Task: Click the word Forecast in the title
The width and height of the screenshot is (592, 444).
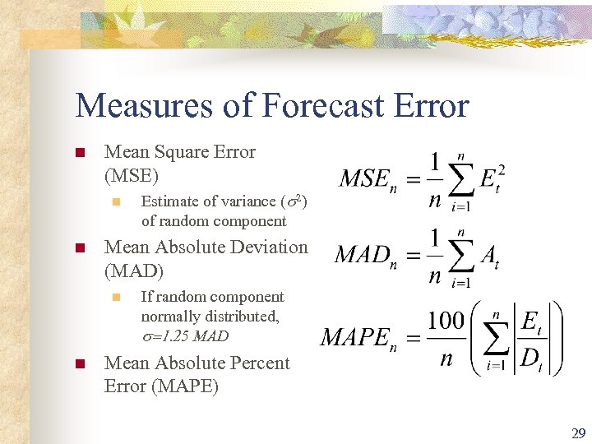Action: coord(325,106)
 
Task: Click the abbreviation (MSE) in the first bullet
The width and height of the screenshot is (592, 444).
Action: coord(132,175)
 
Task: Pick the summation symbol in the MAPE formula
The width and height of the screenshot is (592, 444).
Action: coord(496,340)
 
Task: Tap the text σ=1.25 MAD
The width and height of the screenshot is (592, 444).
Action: coord(185,336)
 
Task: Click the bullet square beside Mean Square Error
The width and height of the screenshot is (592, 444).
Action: coord(80,153)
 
